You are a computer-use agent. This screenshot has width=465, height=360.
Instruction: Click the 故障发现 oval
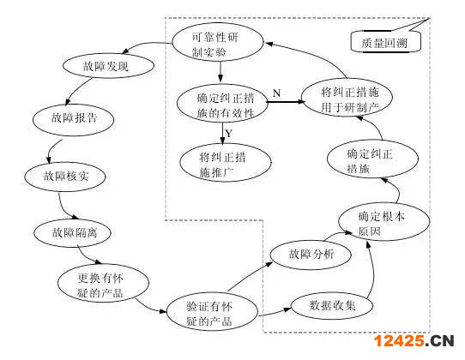(108, 65)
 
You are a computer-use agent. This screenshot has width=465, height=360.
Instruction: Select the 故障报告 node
(73, 119)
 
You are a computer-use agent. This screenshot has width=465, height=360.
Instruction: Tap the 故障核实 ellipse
(65, 177)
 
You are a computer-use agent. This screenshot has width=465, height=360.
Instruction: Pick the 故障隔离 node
(73, 233)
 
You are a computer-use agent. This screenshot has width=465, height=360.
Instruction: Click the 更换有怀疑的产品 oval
(103, 283)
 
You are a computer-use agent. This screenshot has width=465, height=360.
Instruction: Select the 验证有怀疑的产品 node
(212, 312)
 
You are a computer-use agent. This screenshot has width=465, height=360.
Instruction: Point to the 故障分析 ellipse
(311, 255)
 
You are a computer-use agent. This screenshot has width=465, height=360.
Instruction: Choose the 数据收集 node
(332, 306)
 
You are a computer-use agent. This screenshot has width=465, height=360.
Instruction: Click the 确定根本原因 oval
(383, 222)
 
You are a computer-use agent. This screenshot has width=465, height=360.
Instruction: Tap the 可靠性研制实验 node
(218, 42)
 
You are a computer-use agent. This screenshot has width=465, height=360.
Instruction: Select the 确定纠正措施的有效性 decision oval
(222, 104)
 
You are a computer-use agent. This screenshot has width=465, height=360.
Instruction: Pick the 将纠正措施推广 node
(226, 163)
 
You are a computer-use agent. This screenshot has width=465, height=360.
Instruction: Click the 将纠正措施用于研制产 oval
(347, 98)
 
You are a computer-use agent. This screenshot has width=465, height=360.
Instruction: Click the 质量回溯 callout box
(385, 42)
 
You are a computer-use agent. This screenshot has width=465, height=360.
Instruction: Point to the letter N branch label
(276, 93)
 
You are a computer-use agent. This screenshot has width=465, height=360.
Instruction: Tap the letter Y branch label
(229, 134)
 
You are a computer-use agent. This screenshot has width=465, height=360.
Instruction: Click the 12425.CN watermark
(414, 341)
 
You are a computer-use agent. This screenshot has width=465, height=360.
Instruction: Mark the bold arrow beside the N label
(286, 102)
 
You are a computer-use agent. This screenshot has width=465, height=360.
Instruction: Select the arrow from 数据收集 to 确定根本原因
(371, 270)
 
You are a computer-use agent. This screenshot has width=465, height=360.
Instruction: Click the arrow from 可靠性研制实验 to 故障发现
(147, 45)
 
